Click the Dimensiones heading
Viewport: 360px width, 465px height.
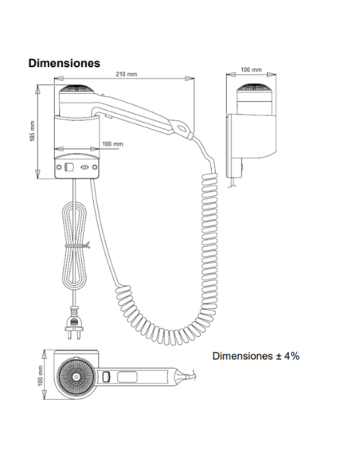coord(64,63)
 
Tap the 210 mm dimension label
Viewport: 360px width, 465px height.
coord(127,74)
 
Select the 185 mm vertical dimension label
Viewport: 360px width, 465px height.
coord(33,131)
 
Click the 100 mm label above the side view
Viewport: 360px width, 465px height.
coord(251,70)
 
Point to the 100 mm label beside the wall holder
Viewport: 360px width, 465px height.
coord(112,144)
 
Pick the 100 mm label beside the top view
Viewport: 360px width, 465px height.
coord(41,376)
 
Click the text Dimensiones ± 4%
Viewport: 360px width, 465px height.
coord(256,356)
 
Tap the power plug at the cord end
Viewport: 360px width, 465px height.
coord(74,324)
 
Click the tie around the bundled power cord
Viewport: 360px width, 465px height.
coord(77,245)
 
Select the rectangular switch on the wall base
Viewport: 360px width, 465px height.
coord(69,167)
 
